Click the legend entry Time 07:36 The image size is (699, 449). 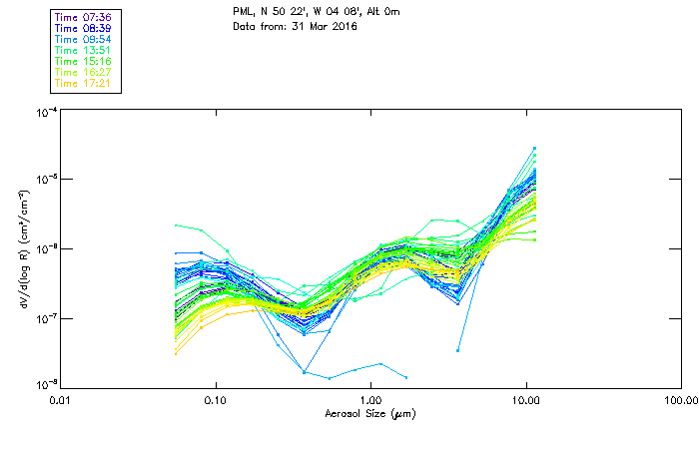83,18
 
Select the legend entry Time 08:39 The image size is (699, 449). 83,29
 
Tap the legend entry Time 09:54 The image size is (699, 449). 83,40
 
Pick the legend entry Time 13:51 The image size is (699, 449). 83,51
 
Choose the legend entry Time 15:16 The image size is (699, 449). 83,62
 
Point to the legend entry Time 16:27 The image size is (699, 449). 83,73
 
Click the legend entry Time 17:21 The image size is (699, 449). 83,84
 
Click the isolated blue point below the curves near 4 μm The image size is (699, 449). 458,350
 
